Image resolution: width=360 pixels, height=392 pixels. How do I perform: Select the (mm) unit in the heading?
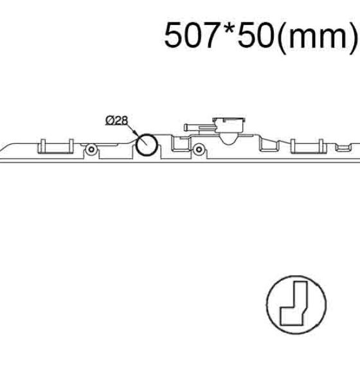317,37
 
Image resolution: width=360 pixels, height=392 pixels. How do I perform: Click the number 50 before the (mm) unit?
256,35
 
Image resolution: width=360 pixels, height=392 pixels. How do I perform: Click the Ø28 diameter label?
116,121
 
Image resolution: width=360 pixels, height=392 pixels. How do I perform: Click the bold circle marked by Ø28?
147,144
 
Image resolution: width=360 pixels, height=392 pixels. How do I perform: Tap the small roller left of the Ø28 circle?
91,150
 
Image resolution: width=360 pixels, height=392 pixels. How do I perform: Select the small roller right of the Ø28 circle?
199,150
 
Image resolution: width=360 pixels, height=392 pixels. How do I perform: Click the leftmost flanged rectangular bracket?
55,146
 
